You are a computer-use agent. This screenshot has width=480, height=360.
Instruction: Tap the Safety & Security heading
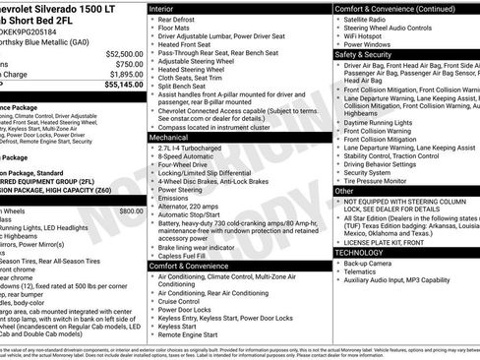(x=366, y=55)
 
